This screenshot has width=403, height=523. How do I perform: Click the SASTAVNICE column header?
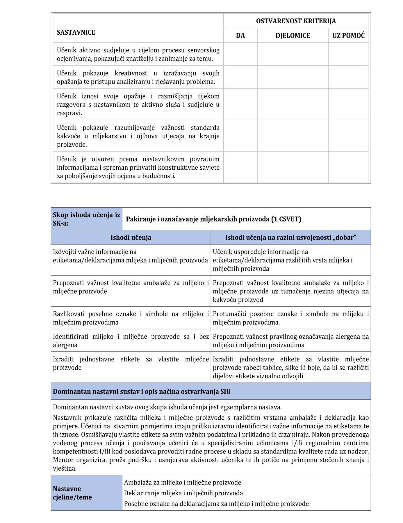tap(76, 32)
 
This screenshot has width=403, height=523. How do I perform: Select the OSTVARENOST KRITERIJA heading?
tap(296, 21)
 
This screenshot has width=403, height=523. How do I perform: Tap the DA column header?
tap(240, 36)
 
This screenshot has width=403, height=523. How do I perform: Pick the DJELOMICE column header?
tap(293, 36)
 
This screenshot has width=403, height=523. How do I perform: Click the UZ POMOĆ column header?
tap(348, 36)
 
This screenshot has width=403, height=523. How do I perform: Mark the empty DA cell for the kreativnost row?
tap(240, 77)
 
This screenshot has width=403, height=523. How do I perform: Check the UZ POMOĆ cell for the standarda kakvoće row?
tap(348, 136)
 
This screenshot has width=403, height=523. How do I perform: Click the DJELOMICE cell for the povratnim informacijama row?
tap(293, 167)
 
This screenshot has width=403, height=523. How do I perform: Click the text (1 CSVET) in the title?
tap(286, 219)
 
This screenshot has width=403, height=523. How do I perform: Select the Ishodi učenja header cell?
tap(131, 237)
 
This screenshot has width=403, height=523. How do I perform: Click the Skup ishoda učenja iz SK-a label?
tap(86, 219)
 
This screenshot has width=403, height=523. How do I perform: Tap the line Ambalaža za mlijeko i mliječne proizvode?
tap(182, 483)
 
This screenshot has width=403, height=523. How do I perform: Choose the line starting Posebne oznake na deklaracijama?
tap(216, 504)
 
